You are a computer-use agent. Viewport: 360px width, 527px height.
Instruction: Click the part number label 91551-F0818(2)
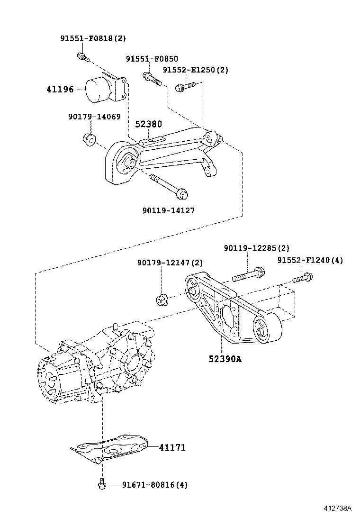point(93,38)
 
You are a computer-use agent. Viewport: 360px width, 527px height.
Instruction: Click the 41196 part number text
point(60,89)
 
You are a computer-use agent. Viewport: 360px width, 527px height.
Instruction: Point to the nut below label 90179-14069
point(89,139)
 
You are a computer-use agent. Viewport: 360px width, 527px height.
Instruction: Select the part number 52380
point(148,124)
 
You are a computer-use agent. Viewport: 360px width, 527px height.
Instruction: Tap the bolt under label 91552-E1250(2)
point(185,86)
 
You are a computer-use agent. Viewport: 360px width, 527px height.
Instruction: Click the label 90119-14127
point(168,210)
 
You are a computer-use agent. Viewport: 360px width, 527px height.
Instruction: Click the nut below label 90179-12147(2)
point(162,300)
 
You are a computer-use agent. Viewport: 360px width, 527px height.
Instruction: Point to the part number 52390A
point(225,359)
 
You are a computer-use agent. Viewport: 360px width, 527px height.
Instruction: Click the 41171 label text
point(172,447)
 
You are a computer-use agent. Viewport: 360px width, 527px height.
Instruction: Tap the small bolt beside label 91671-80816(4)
point(102,484)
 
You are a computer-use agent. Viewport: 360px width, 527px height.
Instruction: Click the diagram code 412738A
point(338,509)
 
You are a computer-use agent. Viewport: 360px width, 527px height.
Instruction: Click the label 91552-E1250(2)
point(196,70)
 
